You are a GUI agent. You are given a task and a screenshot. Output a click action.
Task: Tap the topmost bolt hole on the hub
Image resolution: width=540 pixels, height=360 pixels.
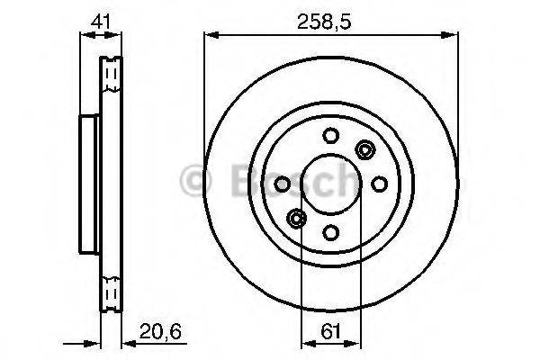pos(329,136)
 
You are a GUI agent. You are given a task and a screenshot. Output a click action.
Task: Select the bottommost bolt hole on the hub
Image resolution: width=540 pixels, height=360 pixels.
pos(329,231)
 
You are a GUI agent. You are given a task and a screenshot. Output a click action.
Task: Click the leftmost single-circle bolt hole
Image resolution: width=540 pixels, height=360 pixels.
pos(282,184)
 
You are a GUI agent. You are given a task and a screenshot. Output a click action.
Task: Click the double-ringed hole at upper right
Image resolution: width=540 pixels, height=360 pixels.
pos(364,150)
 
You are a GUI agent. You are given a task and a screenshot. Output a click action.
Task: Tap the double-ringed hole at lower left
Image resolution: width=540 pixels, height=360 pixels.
pos(295,217)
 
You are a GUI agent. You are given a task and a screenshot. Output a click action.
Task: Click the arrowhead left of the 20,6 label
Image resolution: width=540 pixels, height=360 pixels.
pos(126,343)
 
